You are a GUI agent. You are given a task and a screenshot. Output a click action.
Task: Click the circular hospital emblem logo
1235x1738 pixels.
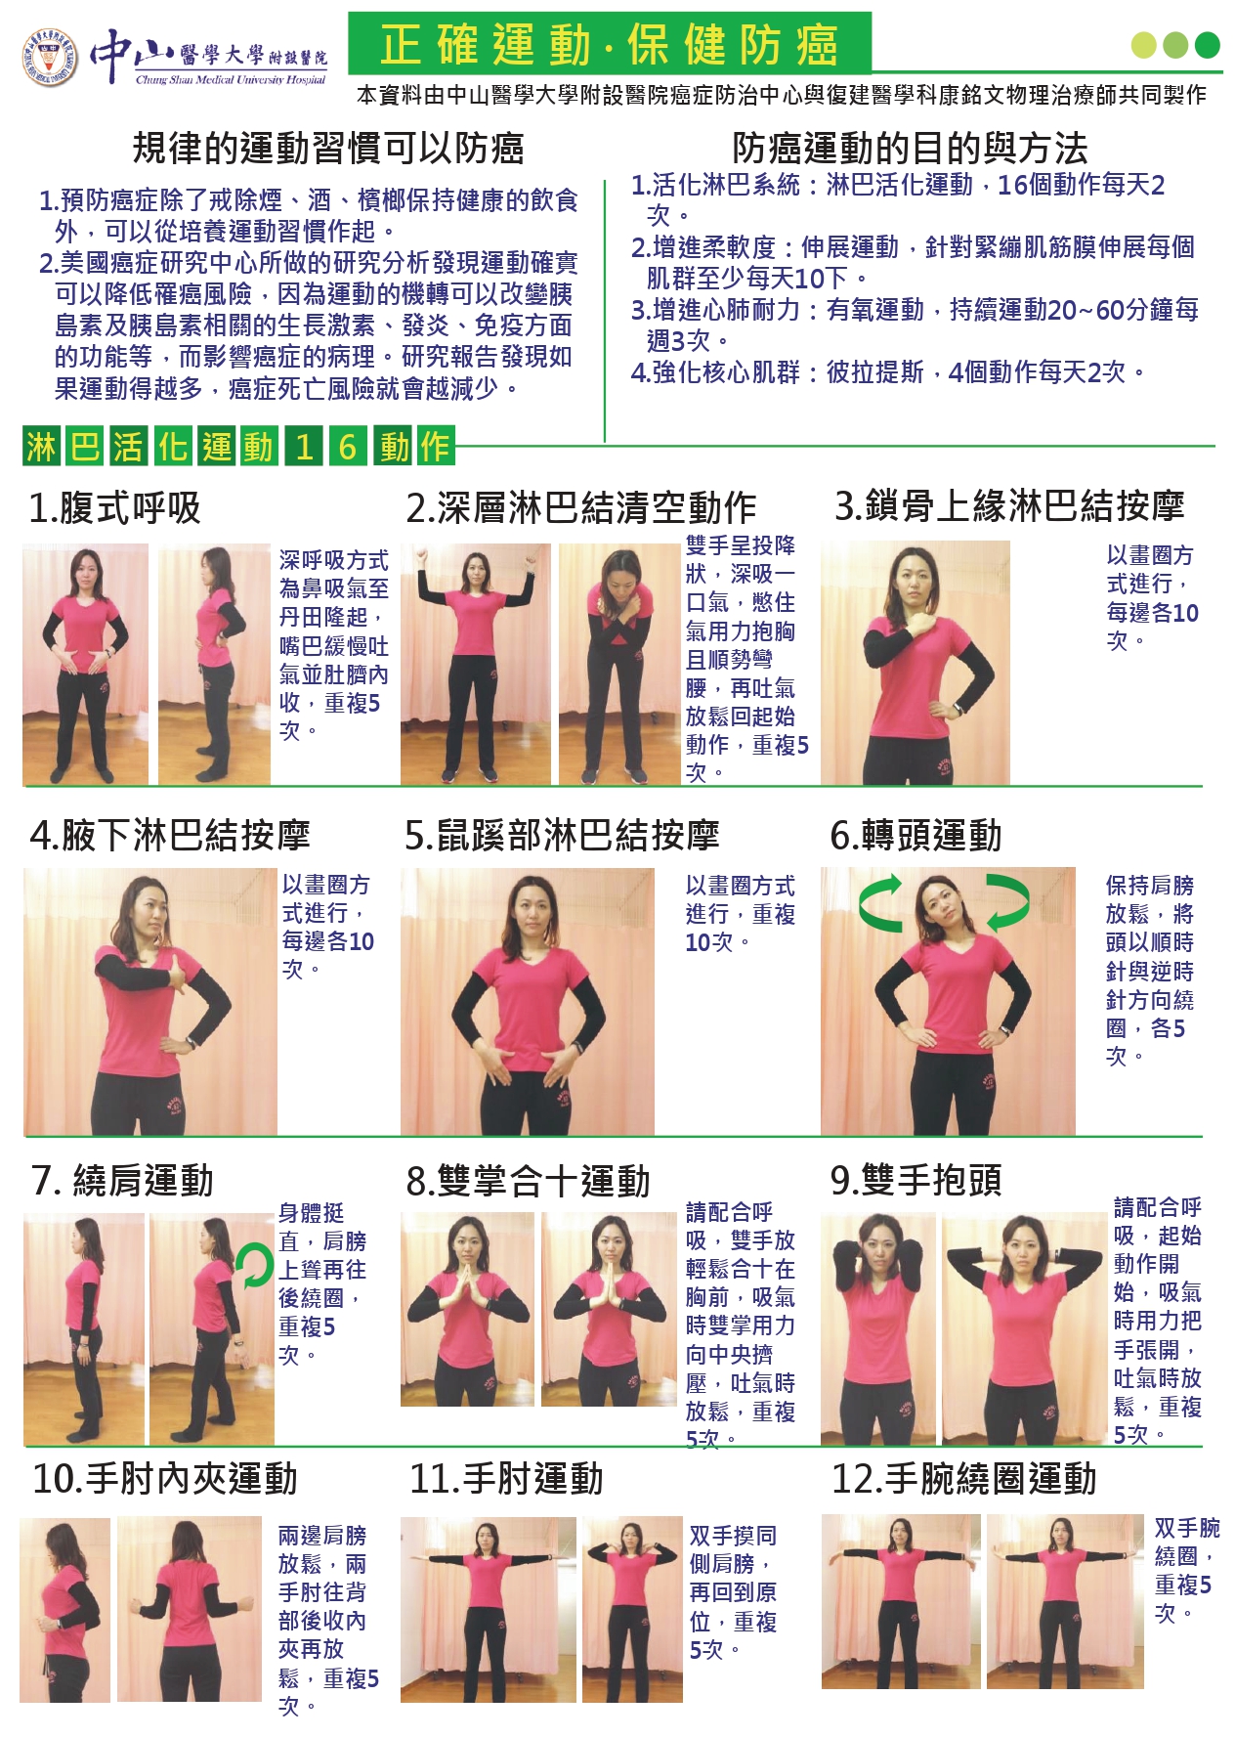click(x=50, y=58)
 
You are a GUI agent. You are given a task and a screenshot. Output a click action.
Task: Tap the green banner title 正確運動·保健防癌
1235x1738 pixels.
click(x=610, y=44)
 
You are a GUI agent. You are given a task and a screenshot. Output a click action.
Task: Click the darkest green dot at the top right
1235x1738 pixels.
click(x=1208, y=45)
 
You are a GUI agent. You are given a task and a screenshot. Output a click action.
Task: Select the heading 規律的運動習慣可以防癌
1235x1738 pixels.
click(x=328, y=148)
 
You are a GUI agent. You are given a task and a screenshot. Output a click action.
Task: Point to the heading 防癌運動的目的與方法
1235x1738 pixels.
click(x=910, y=148)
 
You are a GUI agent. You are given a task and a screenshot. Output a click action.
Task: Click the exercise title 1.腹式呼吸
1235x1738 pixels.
click(x=114, y=507)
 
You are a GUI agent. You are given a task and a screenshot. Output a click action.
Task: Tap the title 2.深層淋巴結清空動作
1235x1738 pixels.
click(x=581, y=507)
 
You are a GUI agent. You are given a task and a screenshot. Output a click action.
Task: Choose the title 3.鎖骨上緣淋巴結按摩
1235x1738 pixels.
click(x=1009, y=505)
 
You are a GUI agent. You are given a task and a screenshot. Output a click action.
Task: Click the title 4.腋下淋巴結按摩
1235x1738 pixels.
click(x=170, y=835)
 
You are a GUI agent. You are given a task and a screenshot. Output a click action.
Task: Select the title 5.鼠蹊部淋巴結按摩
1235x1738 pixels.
click(x=562, y=835)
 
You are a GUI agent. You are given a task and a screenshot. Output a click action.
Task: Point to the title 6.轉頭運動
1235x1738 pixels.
click(x=916, y=835)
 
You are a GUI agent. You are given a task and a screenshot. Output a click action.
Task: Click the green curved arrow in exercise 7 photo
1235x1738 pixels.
click(x=254, y=1266)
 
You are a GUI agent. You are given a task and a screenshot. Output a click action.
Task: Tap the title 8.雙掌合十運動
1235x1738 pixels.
click(x=528, y=1181)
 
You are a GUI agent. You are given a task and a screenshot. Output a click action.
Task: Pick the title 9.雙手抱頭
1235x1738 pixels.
click(x=916, y=1180)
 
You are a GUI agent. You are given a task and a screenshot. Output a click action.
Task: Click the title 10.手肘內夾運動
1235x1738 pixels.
click(x=164, y=1478)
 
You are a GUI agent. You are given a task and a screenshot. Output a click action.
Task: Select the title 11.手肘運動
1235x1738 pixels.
click(x=506, y=1478)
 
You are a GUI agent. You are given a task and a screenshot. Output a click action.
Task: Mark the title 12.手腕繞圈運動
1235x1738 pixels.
click(x=963, y=1478)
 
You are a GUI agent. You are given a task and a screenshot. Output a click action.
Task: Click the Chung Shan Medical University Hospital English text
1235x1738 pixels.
click(x=231, y=80)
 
